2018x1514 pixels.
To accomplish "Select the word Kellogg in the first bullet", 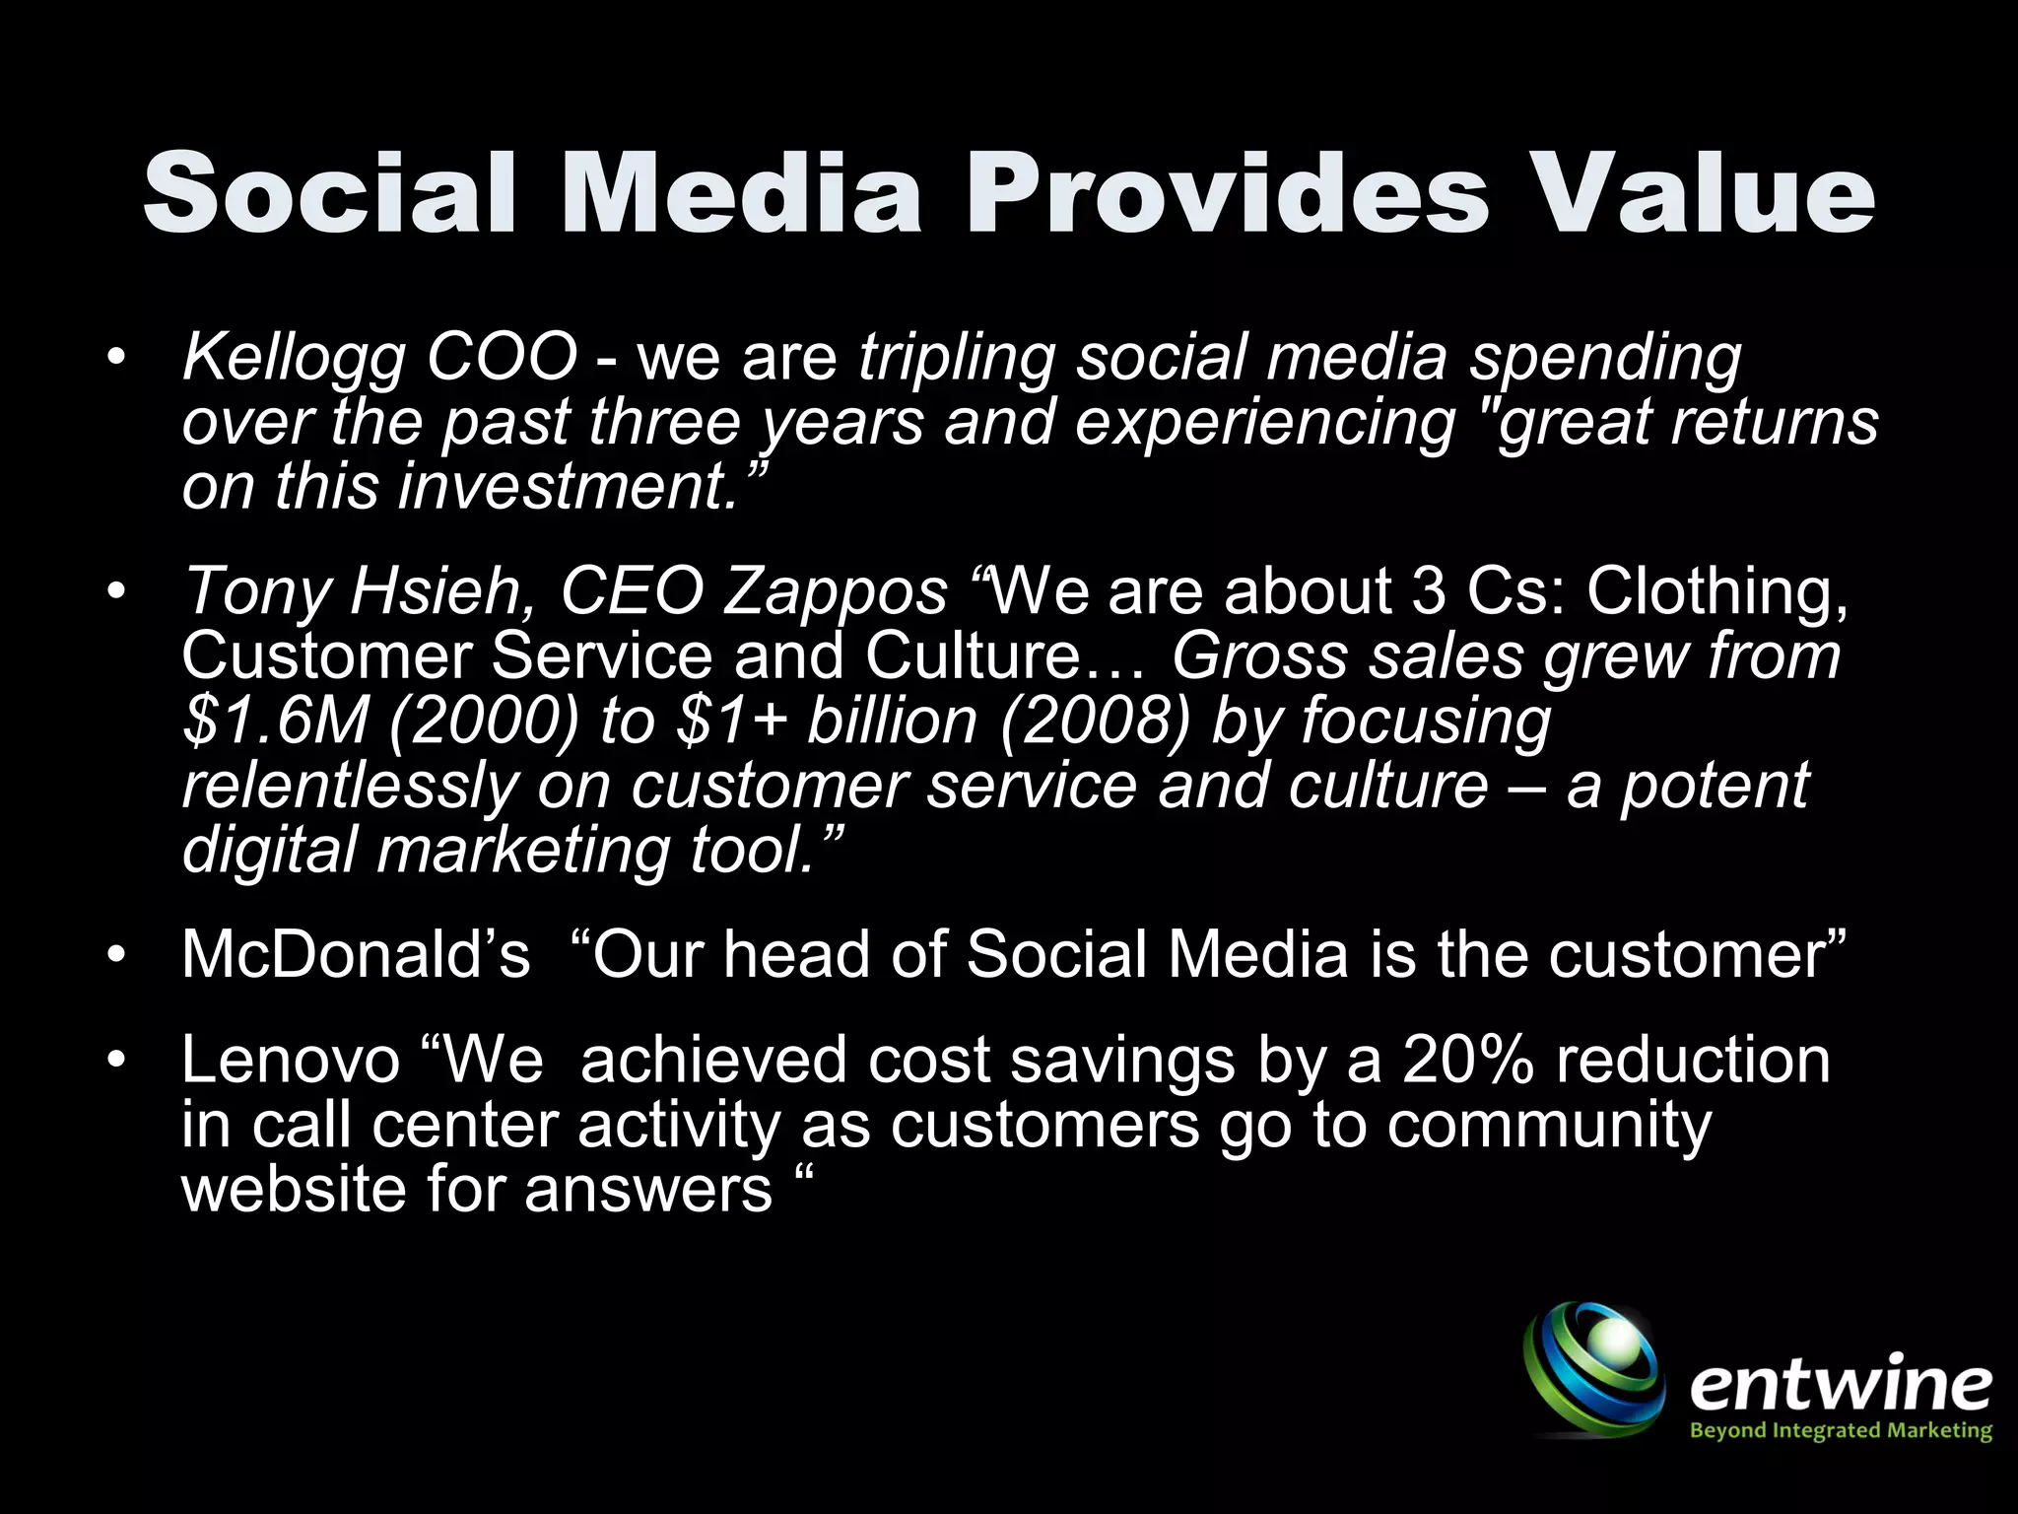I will tap(294, 359).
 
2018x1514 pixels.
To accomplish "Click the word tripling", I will tap(956, 359).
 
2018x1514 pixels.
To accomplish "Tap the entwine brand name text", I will tap(1840, 1384).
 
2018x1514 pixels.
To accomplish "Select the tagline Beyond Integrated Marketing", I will tap(1840, 1430).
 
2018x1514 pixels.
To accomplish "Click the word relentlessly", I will tap(349, 786).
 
